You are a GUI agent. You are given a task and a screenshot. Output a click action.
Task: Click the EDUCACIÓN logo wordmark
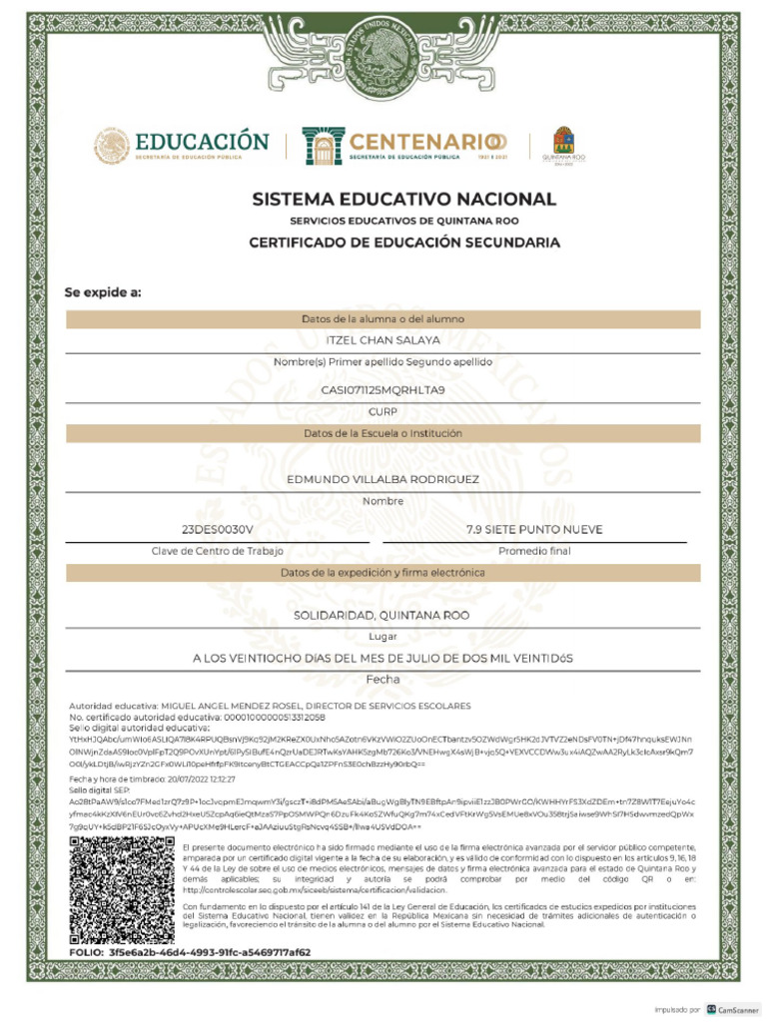tap(203, 141)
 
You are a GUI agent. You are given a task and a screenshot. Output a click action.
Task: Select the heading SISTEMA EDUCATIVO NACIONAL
tap(403, 199)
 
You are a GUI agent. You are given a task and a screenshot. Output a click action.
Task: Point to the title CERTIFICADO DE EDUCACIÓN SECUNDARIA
tap(403, 243)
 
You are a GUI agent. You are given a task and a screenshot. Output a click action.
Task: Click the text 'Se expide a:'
tap(103, 292)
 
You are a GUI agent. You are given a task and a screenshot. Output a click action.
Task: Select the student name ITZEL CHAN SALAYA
tap(383, 340)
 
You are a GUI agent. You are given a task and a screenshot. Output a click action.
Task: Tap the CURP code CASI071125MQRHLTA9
tap(383, 389)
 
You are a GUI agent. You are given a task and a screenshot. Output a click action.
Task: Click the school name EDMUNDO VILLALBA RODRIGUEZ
tap(383, 479)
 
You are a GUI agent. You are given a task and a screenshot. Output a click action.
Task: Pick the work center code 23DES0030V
tap(218, 529)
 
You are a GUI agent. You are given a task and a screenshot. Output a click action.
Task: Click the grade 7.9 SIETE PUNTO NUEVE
tap(534, 529)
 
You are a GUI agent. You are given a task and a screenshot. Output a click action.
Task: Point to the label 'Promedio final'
tap(534, 551)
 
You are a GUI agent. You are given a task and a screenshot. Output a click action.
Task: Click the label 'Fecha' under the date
tap(383, 680)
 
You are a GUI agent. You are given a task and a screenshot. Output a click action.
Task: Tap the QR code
tap(123, 890)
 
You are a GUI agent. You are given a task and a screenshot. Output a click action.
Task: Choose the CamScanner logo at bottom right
tap(727, 1009)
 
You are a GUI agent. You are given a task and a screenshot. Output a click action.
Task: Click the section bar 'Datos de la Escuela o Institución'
tap(383, 434)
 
